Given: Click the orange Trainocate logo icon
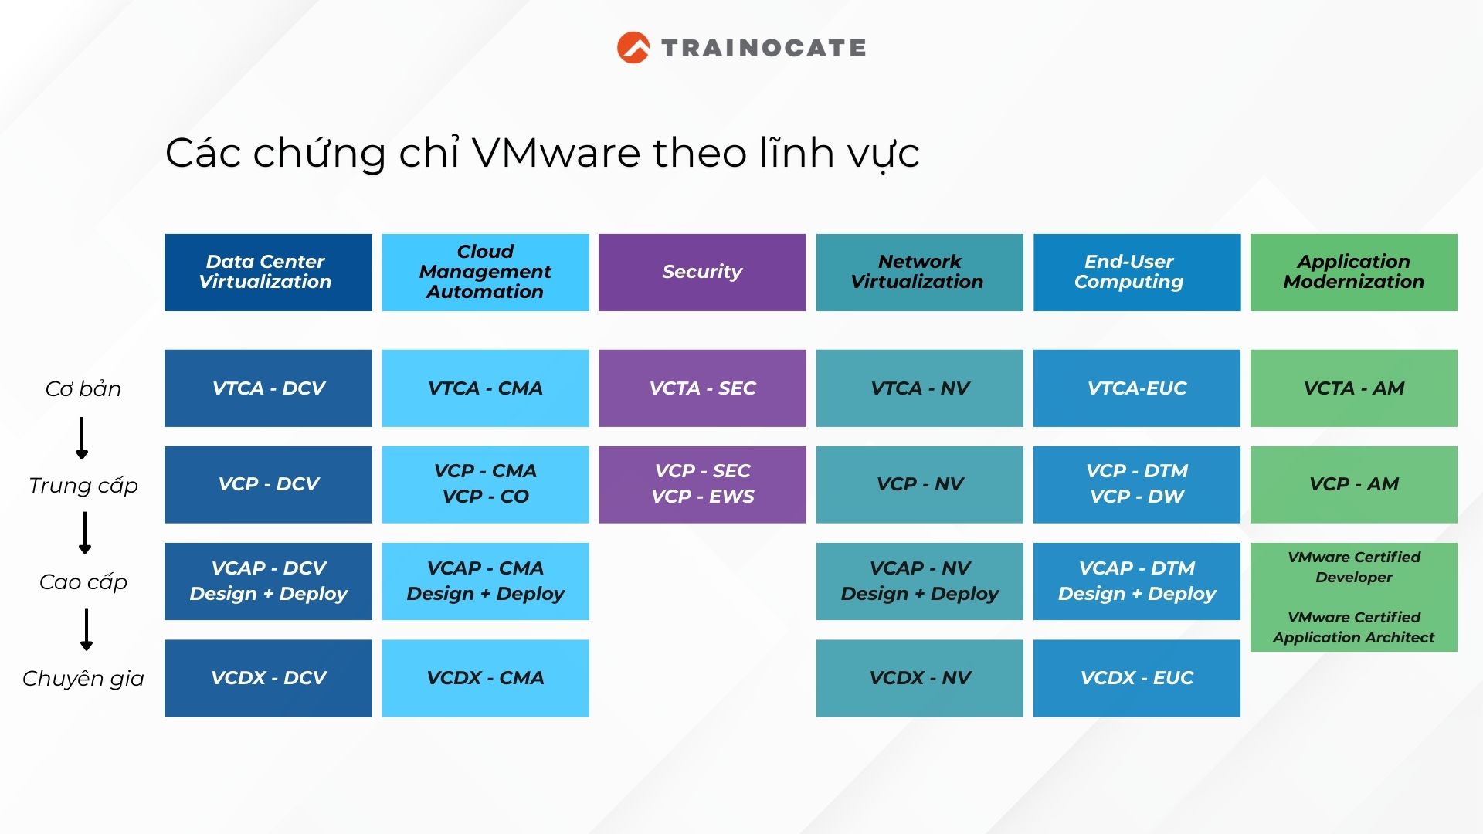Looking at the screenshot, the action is (x=633, y=47).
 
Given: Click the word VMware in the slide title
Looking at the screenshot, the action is (x=556, y=152).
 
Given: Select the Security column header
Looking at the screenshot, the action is (x=702, y=273).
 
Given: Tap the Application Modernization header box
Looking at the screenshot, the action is (x=1354, y=273).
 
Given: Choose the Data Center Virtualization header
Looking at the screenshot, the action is (x=268, y=273).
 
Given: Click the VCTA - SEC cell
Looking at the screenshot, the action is (x=702, y=388).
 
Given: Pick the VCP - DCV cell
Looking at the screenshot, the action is (x=268, y=484).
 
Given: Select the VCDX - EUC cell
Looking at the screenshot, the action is (x=1137, y=678).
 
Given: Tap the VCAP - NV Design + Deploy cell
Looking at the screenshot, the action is (x=919, y=581).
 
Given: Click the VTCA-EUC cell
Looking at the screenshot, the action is (x=1137, y=388).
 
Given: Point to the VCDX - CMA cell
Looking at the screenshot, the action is (x=485, y=678).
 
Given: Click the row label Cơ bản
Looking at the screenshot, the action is (x=83, y=388).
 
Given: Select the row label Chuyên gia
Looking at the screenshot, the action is (x=83, y=678).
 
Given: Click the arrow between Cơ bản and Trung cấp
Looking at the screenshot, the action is (x=82, y=438).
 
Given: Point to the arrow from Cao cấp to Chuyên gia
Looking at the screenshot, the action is (x=87, y=629).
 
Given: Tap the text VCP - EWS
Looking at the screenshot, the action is (x=703, y=497).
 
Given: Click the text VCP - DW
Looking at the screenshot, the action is (x=1137, y=497).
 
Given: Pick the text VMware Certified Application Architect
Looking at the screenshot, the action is (x=1354, y=627).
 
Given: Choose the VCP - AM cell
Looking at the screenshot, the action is (x=1354, y=484).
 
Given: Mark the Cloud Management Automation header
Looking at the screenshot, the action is (x=485, y=273).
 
